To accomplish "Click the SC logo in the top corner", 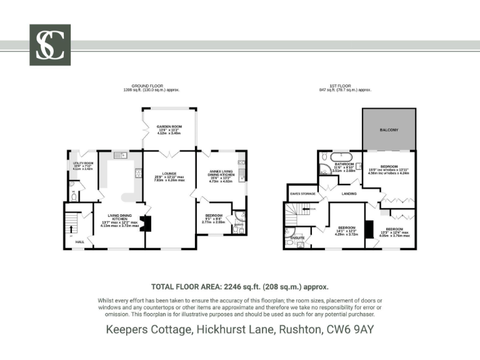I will (x=50, y=45).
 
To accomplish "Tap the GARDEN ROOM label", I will (x=169, y=126).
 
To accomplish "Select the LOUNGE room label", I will (x=169, y=174).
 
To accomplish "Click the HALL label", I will (x=80, y=241).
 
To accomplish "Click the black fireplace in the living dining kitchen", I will (x=146, y=223).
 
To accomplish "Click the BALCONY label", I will (x=389, y=129).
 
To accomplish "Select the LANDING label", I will (x=349, y=194).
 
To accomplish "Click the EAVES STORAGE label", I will (x=302, y=194).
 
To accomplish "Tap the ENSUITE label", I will (x=298, y=238).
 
